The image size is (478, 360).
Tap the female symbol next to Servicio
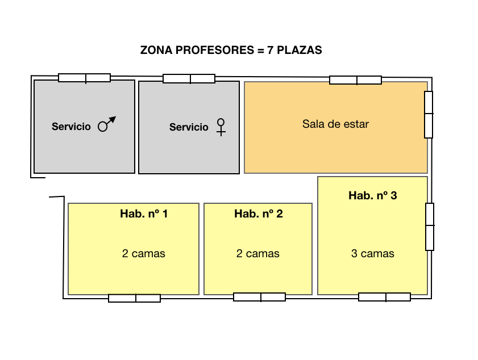point(221,127)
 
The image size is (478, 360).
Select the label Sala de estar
point(335,124)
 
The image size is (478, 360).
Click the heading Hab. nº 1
point(144,214)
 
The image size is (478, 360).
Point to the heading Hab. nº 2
point(259,214)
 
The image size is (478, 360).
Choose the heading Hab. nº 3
point(372,195)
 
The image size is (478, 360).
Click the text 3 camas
point(372,253)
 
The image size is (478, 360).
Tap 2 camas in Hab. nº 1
point(144,253)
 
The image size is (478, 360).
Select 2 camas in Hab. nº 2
point(258,253)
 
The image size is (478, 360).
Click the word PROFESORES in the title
point(215,50)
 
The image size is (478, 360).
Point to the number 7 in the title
point(270,50)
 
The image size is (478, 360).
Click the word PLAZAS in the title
point(300,50)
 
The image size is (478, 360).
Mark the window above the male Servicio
point(85,78)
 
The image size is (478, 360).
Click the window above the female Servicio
point(189,78)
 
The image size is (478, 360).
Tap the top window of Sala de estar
point(355,80)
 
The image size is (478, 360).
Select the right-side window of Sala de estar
point(429,115)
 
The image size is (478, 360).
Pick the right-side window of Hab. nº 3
point(430,227)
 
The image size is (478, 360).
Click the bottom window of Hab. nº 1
point(135,298)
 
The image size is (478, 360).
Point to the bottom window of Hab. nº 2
point(259,297)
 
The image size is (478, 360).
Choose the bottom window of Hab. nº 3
point(384,297)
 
